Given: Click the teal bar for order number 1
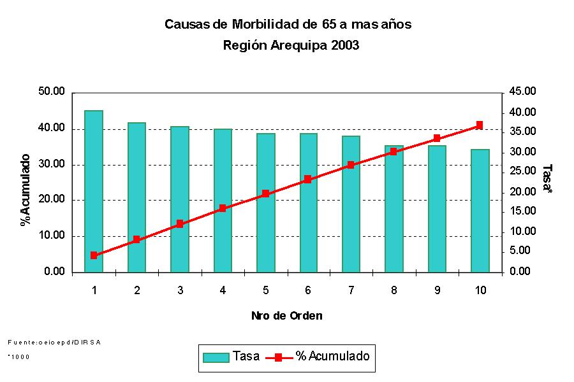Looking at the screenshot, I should [x=94, y=191].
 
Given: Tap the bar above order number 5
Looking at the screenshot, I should [x=265, y=202].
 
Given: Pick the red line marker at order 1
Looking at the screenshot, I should [x=94, y=255].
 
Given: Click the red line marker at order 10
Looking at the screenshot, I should [x=480, y=125].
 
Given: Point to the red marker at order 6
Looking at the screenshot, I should [x=308, y=180].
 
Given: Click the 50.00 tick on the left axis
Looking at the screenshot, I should [x=52, y=92].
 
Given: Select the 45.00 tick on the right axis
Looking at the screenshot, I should [x=522, y=92].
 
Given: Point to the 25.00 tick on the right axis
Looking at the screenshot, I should [x=522, y=171].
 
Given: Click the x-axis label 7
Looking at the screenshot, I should [x=351, y=290].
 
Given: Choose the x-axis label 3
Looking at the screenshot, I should [x=180, y=290].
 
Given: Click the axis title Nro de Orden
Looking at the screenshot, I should [x=286, y=316].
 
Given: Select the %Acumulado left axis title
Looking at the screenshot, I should [x=26, y=190].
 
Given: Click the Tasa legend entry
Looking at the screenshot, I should [x=232, y=357].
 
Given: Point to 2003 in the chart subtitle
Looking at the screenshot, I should [x=346, y=46].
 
